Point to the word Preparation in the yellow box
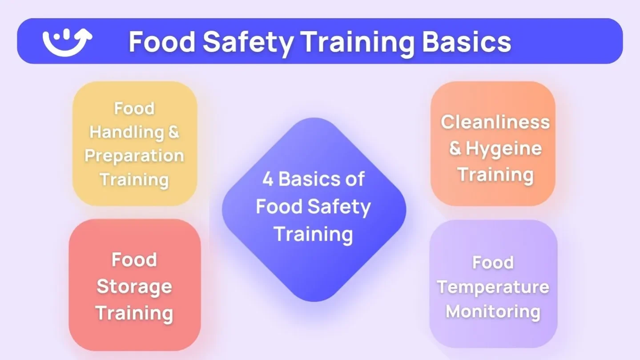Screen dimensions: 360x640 click(134, 156)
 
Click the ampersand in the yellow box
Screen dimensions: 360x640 click(172, 132)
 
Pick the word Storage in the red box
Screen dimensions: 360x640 click(134, 287)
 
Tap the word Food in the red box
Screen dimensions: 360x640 click(134, 260)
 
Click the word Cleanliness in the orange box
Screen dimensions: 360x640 click(495, 122)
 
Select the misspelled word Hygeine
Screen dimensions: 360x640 click(503, 149)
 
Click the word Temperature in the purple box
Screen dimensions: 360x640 click(493, 287)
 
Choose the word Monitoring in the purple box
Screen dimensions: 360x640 click(493, 311)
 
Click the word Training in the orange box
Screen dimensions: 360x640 click(495, 174)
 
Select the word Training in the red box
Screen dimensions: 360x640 click(134, 313)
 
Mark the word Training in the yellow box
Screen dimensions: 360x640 click(134, 180)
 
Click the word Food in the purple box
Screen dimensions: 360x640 click(493, 263)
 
